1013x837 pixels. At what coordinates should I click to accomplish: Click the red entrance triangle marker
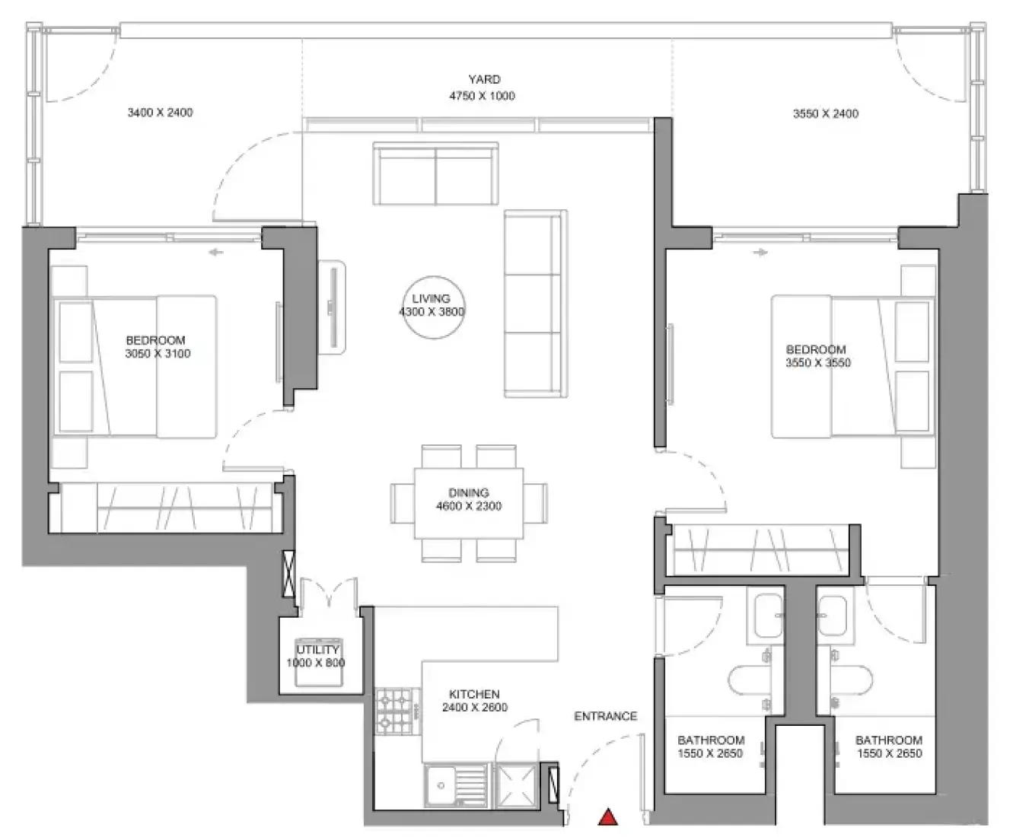(x=608, y=816)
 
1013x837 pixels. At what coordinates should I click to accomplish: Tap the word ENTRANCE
(x=606, y=716)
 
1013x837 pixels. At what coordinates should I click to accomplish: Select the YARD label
(x=484, y=79)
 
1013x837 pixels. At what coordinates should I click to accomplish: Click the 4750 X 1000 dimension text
(x=482, y=96)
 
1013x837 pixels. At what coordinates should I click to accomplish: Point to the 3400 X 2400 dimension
(x=160, y=113)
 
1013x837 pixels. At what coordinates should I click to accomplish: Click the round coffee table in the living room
(x=434, y=307)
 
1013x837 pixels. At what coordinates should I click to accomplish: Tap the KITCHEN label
(x=474, y=694)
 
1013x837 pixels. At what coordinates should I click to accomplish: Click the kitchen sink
(x=456, y=785)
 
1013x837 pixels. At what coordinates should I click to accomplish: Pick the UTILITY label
(x=318, y=650)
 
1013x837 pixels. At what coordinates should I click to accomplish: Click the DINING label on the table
(x=469, y=492)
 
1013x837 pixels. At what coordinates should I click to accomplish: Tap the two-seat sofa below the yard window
(x=435, y=173)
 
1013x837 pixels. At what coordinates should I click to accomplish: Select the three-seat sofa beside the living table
(x=536, y=304)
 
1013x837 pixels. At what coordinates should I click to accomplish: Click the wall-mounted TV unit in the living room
(x=332, y=307)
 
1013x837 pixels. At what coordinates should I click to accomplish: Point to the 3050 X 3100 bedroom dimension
(x=158, y=354)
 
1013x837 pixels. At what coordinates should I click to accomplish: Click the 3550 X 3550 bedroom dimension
(x=818, y=363)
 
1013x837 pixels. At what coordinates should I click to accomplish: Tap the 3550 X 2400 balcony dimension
(x=826, y=113)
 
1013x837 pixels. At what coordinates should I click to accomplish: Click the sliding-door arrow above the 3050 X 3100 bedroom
(x=216, y=252)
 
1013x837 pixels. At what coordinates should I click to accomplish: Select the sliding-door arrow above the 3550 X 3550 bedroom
(x=761, y=252)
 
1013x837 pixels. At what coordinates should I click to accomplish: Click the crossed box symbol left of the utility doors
(x=288, y=574)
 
